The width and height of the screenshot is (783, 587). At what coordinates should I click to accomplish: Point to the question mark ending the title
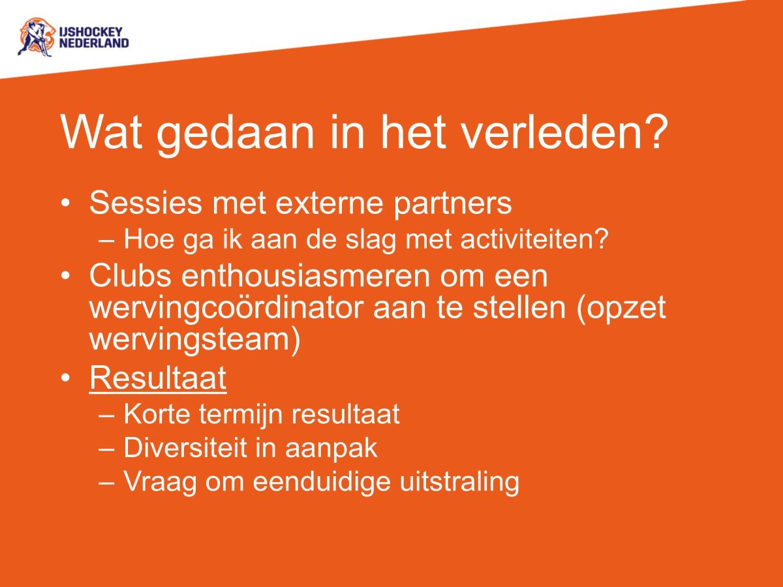(654, 132)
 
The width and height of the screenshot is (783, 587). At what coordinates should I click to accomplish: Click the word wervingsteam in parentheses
(189, 340)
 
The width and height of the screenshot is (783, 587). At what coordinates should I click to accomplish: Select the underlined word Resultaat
(158, 379)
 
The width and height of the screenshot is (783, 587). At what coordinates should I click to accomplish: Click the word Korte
(155, 414)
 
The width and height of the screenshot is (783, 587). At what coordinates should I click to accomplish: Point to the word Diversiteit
(190, 448)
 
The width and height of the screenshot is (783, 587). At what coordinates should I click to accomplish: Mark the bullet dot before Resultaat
(65, 379)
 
